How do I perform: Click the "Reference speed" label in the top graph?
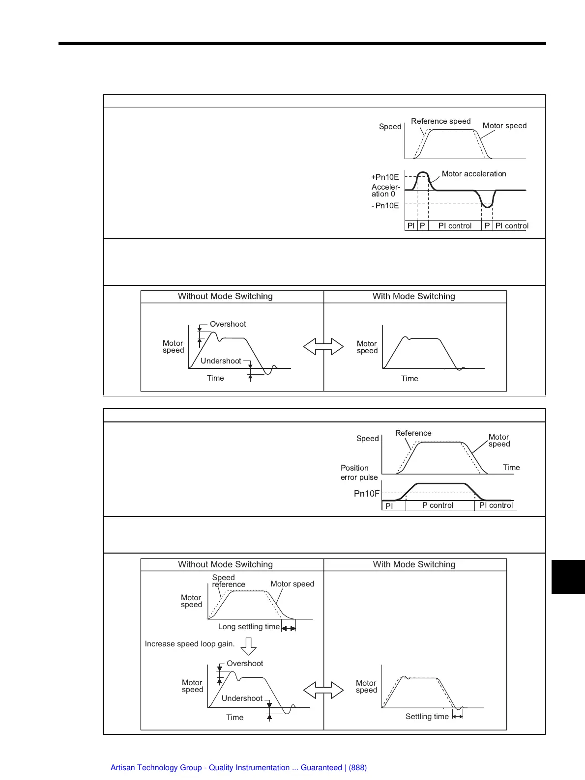pos(440,121)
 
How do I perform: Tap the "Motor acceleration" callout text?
pos(473,174)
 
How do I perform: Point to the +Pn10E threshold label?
pos(385,177)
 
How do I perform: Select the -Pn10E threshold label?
pos(385,206)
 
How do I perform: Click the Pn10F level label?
pos(367,494)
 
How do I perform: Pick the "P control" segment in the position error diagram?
pos(438,505)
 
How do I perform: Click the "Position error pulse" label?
pos(359,473)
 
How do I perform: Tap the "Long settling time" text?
pos(249,627)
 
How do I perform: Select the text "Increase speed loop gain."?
pos(190,644)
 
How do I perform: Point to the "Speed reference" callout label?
pos(228,581)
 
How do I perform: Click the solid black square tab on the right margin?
pos(568,577)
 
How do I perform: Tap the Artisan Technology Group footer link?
pos(238,768)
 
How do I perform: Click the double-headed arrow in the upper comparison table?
pos(323,347)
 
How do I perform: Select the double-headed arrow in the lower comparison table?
pos(323,690)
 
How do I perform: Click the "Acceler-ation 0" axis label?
pos(385,191)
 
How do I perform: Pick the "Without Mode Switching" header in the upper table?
pos(225,296)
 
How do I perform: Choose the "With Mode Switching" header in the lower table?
pos(414,564)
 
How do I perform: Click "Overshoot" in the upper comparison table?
pos(228,324)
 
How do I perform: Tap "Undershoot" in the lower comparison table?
pos(242,698)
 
